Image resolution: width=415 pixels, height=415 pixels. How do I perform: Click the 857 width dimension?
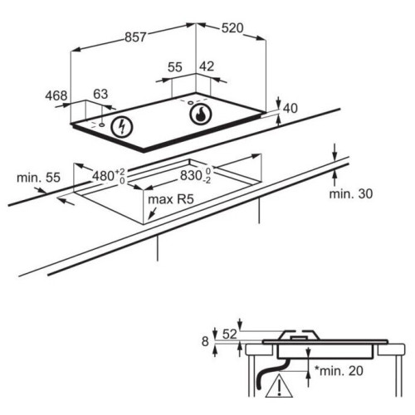tap(135, 37)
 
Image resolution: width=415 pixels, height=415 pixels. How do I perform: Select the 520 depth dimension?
tap(232, 28)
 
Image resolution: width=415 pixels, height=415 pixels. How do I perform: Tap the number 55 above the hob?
tap(175, 67)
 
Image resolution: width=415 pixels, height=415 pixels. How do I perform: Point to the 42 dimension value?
tap(207, 66)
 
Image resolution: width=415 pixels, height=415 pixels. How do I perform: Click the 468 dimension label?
tap(56, 95)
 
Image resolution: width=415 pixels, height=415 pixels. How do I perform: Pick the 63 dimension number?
tap(100, 94)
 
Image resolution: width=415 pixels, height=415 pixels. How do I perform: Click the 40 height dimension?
tap(290, 109)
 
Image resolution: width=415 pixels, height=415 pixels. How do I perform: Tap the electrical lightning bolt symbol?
tap(122, 127)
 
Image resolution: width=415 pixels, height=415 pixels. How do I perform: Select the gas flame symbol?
tap(201, 114)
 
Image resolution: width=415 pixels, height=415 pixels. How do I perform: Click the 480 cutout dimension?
tap(109, 176)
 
